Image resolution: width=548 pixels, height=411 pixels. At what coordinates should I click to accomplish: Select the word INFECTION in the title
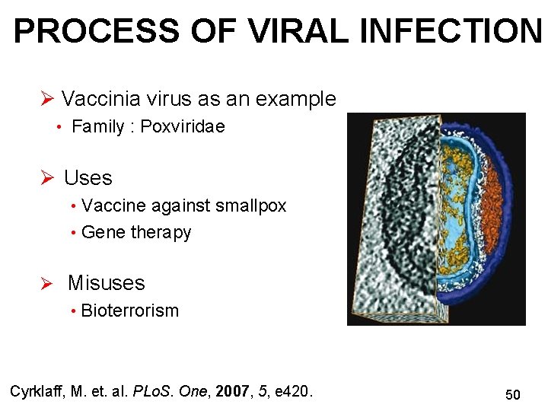click(x=450, y=31)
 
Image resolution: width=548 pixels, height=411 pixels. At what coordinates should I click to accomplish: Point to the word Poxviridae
click(x=183, y=127)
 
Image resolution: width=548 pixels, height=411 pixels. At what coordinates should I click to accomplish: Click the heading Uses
click(x=88, y=178)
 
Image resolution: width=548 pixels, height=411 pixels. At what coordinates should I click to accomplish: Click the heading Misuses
click(x=106, y=283)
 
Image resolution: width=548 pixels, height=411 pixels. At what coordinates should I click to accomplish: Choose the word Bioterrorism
click(x=129, y=311)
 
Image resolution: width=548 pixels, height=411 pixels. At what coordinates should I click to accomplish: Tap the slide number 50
click(x=513, y=394)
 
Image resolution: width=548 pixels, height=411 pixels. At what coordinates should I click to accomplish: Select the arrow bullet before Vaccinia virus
click(x=46, y=100)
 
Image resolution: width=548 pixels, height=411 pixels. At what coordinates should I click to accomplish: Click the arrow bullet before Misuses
click(x=46, y=284)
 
